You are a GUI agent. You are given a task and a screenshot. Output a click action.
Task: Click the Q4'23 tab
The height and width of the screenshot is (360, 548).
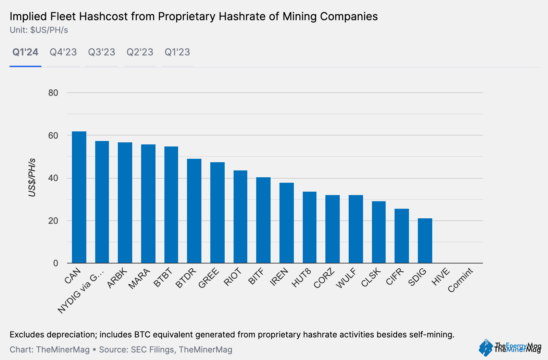63,52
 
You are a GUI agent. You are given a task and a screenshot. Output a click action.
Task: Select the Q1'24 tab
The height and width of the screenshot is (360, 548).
25,52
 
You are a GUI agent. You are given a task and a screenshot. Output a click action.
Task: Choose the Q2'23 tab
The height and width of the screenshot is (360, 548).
140,52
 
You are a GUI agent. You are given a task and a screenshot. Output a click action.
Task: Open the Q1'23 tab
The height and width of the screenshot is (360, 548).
177,52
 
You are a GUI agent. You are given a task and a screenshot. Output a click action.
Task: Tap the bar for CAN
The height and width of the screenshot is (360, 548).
79,197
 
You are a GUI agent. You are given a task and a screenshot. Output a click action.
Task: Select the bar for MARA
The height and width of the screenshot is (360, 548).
148,204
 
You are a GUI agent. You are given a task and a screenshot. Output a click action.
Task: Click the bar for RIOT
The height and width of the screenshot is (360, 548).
240,217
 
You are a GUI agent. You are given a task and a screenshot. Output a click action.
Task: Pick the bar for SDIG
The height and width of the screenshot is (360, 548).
425,241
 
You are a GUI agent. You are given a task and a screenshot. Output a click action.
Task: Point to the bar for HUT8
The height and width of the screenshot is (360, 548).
310,227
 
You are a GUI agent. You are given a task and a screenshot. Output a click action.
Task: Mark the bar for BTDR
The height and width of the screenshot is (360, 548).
194,211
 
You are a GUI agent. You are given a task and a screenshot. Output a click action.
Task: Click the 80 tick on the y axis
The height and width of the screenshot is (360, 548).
53,93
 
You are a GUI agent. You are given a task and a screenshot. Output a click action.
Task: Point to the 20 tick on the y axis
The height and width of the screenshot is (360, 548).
53,221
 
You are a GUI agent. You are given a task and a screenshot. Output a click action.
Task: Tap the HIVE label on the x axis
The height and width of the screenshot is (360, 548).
440,277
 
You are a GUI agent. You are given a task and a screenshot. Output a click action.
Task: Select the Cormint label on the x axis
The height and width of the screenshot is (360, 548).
460,280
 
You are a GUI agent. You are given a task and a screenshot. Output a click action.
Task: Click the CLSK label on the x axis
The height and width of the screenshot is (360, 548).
371,278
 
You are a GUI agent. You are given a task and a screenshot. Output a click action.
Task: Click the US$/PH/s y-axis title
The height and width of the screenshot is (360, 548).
32,178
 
